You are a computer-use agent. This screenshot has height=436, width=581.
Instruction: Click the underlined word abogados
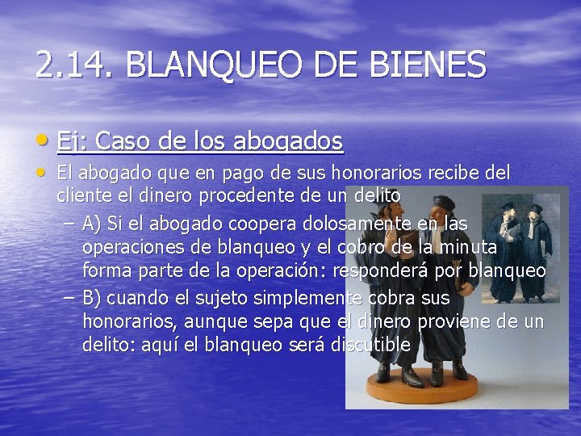[x=288, y=142]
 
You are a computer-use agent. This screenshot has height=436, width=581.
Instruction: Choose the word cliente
[x=83, y=195]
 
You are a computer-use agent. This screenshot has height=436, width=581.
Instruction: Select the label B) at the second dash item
[x=92, y=298]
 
